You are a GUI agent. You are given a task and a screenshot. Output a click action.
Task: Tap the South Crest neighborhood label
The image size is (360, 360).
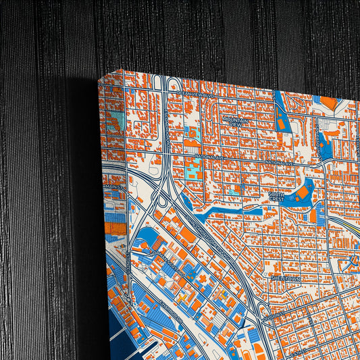pos(276,197)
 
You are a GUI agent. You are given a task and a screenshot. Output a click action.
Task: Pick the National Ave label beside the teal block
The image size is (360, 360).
pos(206,157)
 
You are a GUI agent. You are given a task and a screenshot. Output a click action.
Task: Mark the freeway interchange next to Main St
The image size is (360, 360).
pos(158,196)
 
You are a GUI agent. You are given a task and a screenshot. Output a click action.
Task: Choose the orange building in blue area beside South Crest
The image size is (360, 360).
pos(303,192)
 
